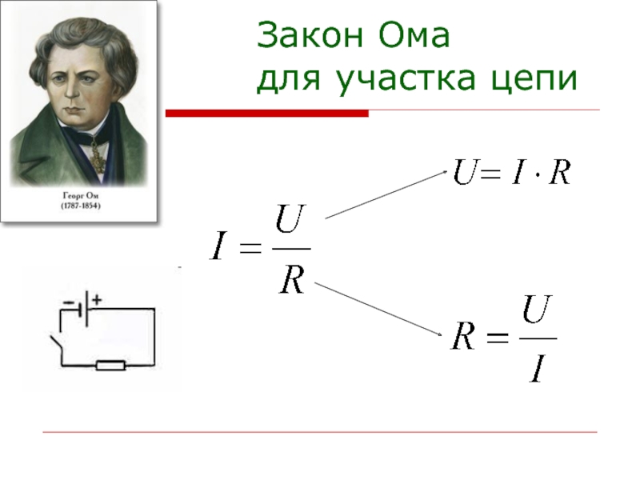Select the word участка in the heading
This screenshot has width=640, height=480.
[x=407, y=78]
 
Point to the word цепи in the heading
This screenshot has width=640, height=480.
[x=534, y=79]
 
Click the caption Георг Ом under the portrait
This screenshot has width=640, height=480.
[x=81, y=195]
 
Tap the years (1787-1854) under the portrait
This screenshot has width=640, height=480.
[x=81, y=206]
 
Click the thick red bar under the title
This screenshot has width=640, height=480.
[x=267, y=113]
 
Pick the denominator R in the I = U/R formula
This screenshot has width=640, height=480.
[x=292, y=280]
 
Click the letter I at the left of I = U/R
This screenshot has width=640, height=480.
[x=218, y=246]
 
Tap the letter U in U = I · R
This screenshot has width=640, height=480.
[x=465, y=172]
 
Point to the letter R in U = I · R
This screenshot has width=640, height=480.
[x=559, y=172]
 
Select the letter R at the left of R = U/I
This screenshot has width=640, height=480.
[x=463, y=337]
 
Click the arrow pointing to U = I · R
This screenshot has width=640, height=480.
[x=386, y=194]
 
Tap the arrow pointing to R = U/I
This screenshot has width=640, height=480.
[x=378, y=310]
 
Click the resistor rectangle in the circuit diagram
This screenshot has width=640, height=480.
[x=110, y=366]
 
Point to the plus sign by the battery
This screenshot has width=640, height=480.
[x=96, y=300]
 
